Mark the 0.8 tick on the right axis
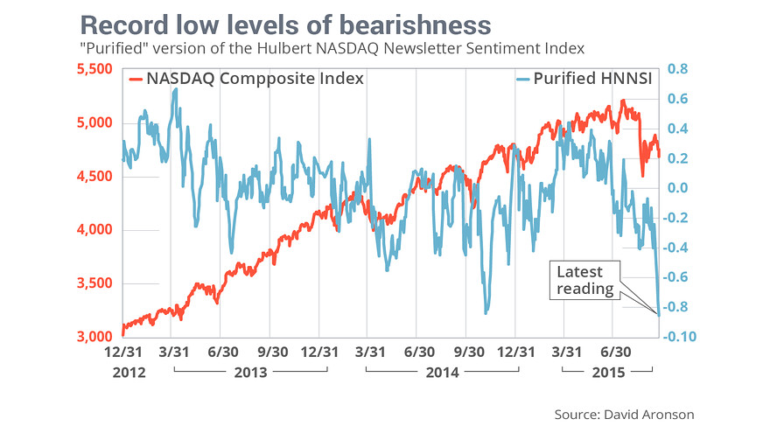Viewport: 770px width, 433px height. pyautogui.click(x=678, y=69)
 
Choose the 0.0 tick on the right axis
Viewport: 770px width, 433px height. pyautogui.click(x=678, y=188)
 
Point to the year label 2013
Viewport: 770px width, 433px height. pyautogui.click(x=251, y=372)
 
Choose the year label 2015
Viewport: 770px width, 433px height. pyautogui.click(x=607, y=372)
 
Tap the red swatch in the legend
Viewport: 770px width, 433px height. pyautogui.click(x=136, y=80)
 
